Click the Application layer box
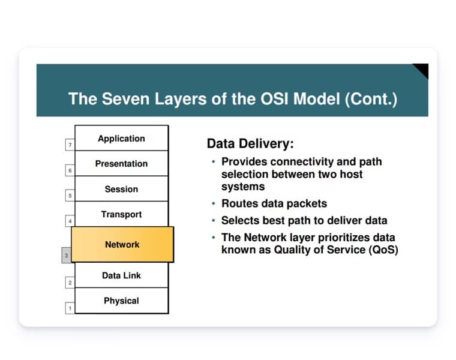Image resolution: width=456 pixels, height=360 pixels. coord(121,138)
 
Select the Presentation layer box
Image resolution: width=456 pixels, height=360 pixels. coord(121,163)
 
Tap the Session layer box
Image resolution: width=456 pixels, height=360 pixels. coord(121,189)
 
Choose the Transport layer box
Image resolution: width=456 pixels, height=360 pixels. coord(121,214)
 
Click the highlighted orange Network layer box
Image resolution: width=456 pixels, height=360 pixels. coord(122,244)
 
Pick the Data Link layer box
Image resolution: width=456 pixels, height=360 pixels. coord(121,275)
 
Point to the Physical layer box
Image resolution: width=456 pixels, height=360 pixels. coord(121,301)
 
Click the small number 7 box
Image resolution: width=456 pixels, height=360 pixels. coord(70,145)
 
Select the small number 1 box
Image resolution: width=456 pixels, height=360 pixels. coord(70,308)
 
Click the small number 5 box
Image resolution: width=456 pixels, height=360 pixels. coord(70,196)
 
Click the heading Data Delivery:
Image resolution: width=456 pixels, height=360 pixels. coord(250,144)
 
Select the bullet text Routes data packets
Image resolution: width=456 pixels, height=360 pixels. coord(274,204)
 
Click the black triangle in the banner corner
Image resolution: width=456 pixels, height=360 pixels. coord(422,69)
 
